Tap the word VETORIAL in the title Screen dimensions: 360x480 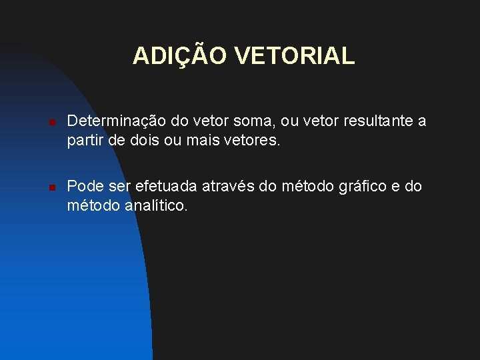click(295, 55)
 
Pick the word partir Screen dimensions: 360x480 click(84, 141)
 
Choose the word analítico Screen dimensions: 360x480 click(157, 206)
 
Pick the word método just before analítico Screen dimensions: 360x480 click(93, 206)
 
